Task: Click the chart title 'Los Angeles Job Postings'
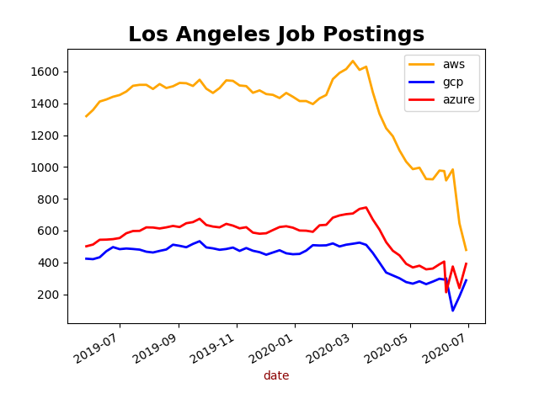coord(276,35)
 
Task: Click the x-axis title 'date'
coord(276,375)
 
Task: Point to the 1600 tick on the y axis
coord(46,72)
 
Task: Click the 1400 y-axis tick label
coord(46,104)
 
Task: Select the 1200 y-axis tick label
coord(46,136)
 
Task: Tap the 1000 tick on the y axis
coord(46,167)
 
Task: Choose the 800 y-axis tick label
coord(50,199)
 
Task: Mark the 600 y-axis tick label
coord(50,231)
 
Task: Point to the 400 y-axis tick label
coord(50,263)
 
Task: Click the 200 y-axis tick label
coord(50,295)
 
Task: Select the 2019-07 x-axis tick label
coord(99,348)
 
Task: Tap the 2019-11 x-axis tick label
coord(216,348)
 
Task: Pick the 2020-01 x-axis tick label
coord(274,348)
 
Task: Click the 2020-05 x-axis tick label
coord(389,348)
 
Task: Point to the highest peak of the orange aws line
coord(353,61)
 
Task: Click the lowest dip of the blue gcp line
coord(452,311)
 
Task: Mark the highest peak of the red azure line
coord(366,207)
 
